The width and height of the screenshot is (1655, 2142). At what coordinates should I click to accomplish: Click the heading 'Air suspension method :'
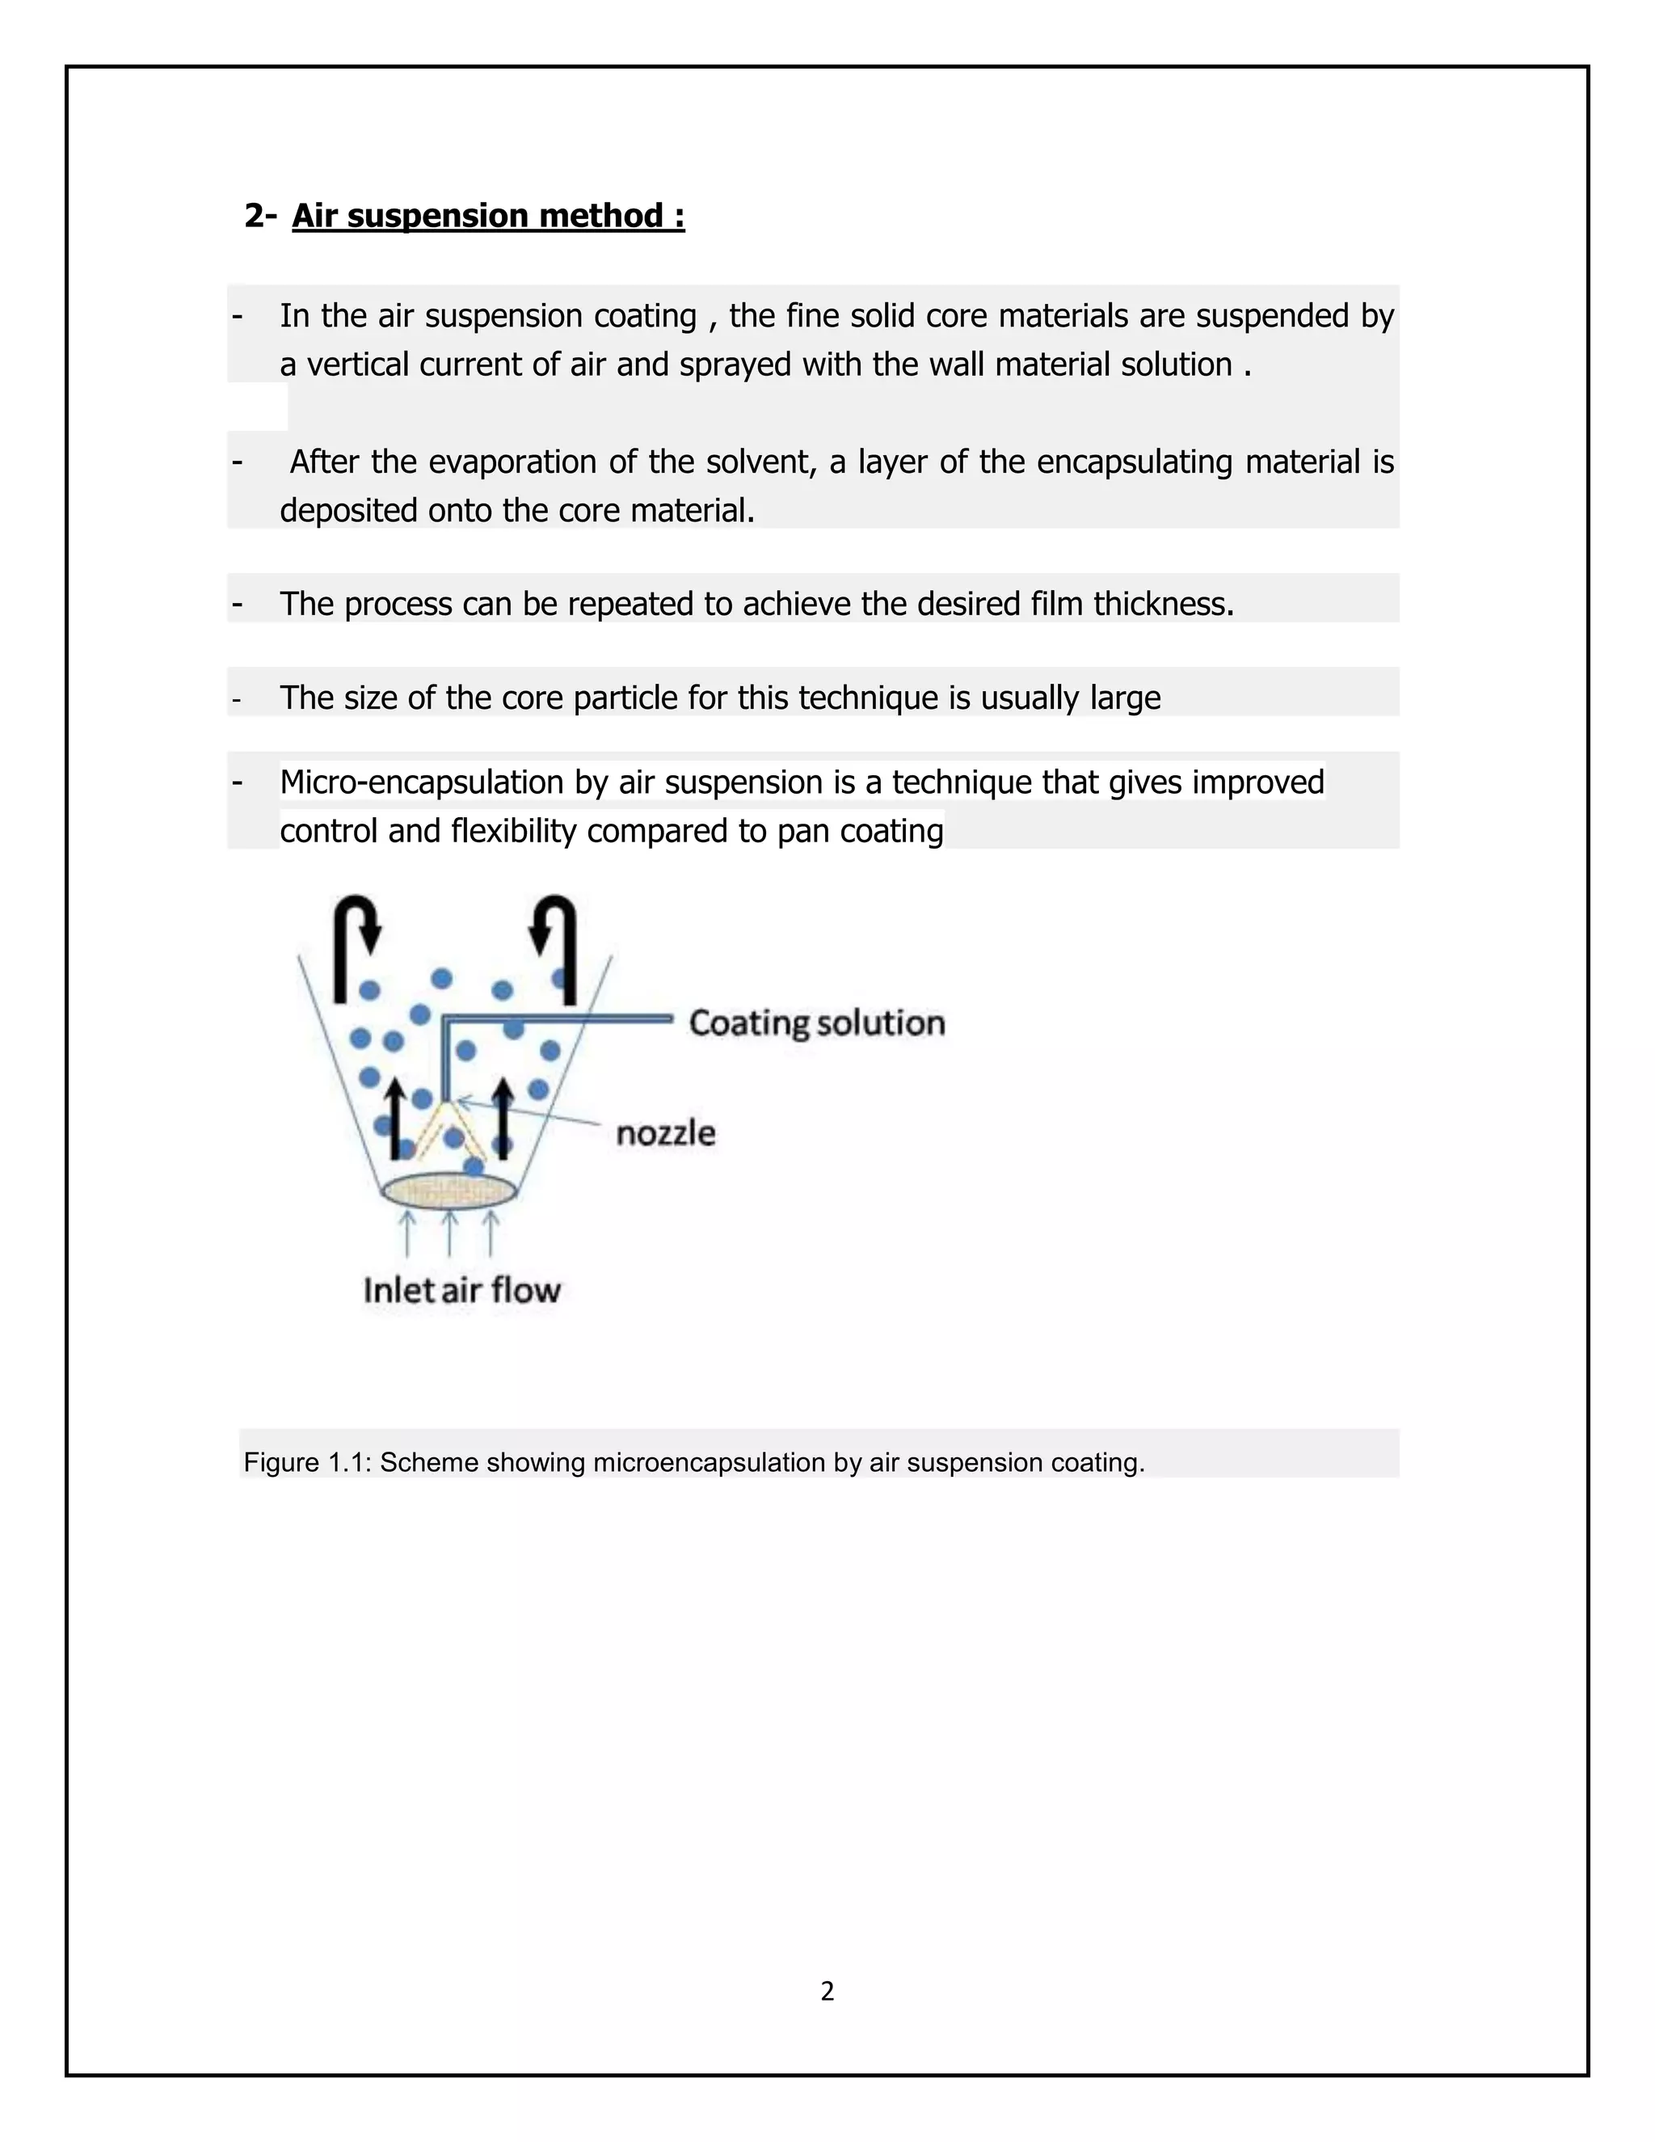[x=487, y=216]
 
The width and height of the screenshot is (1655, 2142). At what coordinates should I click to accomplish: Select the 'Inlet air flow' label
[x=461, y=1290]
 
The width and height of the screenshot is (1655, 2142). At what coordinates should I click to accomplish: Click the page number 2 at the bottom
[x=827, y=1990]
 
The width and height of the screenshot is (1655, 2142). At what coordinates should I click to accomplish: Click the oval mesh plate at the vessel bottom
[x=449, y=1191]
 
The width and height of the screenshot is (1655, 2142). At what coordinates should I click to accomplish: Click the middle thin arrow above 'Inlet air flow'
[x=449, y=1233]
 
